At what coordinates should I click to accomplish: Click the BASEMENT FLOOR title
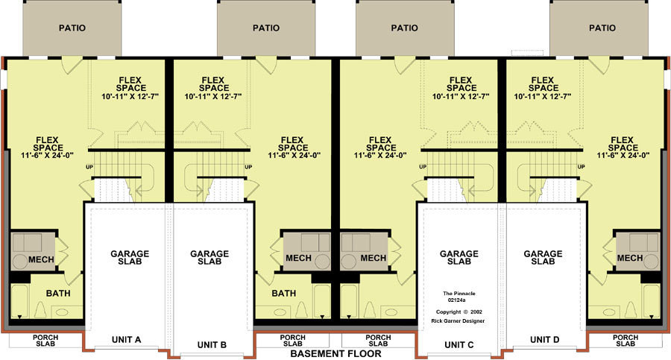335,353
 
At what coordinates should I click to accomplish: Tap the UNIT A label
126,340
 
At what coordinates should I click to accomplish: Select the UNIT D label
544,340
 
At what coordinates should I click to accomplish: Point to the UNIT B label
212,345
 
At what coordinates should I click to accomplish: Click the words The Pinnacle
459,294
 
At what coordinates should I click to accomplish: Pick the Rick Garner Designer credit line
458,321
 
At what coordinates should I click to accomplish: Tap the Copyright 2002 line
459,312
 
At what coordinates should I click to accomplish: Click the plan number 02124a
456,300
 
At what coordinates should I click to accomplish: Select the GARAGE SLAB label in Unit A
130,257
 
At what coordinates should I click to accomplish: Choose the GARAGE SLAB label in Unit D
543,257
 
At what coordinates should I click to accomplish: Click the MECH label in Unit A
41,259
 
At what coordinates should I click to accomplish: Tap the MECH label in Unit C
374,258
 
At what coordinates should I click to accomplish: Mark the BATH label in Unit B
284,293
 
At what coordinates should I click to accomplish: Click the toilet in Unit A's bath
40,309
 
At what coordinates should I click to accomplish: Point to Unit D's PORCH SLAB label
626,341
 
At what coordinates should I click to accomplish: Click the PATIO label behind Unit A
72,28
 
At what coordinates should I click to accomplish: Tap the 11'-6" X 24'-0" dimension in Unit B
294,155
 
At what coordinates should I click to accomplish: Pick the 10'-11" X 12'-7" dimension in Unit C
461,97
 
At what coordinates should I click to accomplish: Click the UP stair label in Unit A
89,167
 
